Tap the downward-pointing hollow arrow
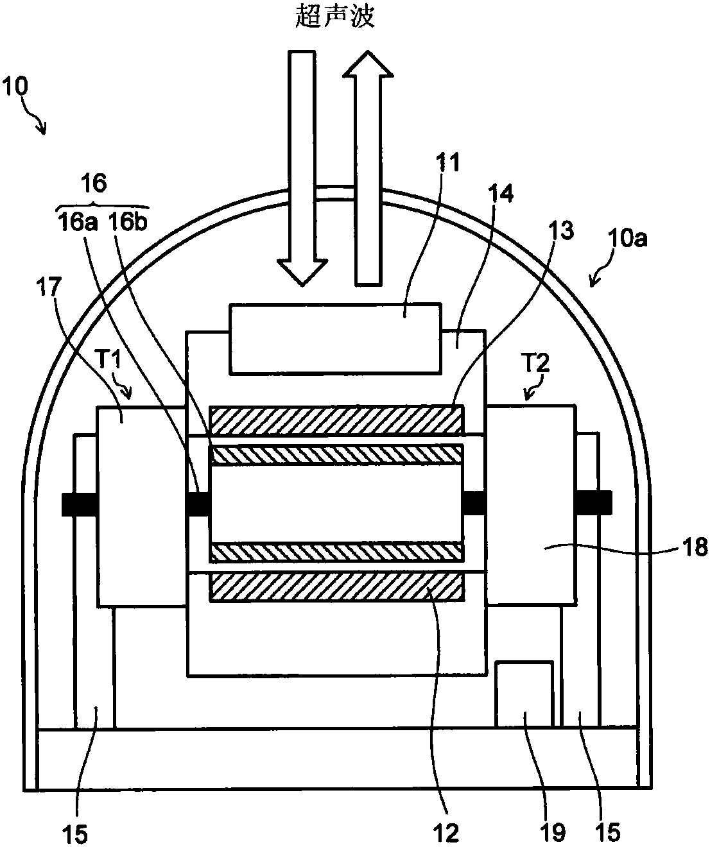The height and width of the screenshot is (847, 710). click(x=302, y=168)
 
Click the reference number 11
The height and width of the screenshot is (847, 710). click(x=447, y=162)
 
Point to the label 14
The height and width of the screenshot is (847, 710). click(x=501, y=194)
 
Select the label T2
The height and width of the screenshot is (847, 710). click(x=536, y=363)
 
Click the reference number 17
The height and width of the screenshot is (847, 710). click(x=49, y=287)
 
